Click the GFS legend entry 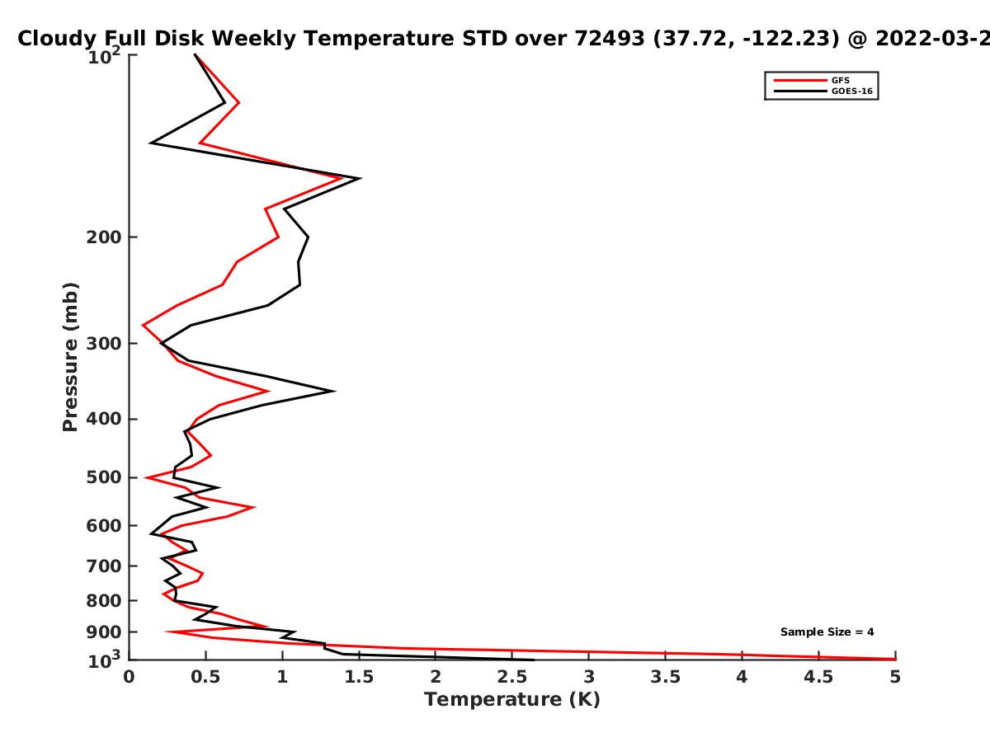click(x=812, y=80)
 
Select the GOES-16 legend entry click(x=823, y=91)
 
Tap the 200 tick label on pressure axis click(x=104, y=237)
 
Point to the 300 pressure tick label click(x=104, y=344)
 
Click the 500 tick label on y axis click(x=104, y=477)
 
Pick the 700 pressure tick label click(x=104, y=566)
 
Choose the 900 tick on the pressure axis click(x=104, y=632)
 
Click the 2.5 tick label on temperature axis click(x=512, y=677)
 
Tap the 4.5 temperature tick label click(x=818, y=677)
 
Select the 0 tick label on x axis click(x=129, y=677)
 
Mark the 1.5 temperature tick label click(x=359, y=677)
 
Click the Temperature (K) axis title click(x=512, y=700)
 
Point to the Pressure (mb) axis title click(x=70, y=357)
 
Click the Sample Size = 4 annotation click(x=827, y=632)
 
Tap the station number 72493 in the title click(x=610, y=39)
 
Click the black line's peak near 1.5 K click(x=360, y=178)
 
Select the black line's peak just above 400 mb click(x=334, y=391)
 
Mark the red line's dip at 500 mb click(x=146, y=477)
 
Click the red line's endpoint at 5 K click(x=895, y=659)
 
